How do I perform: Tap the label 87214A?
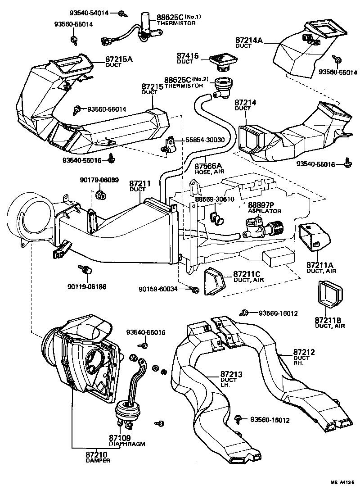tap(249, 40)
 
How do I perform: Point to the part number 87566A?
tap(209, 166)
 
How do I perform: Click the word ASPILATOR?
tap(265, 211)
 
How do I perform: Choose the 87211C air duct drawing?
tap(215, 282)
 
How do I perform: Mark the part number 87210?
tap(97, 454)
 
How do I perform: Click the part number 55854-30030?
tap(205, 140)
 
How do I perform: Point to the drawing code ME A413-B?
tap(343, 482)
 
